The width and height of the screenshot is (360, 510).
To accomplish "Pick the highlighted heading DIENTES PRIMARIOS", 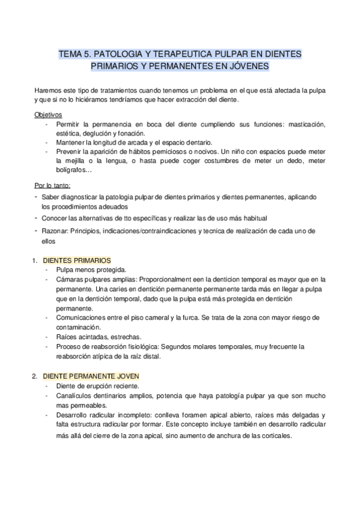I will (x=77, y=260).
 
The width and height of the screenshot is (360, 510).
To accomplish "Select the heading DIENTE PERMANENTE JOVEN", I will (x=91, y=376).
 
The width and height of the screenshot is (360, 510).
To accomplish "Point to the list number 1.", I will (x=34, y=260).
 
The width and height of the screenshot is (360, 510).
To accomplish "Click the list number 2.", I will (x=34, y=376).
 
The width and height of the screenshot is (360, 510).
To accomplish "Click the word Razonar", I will (x=55, y=231).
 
